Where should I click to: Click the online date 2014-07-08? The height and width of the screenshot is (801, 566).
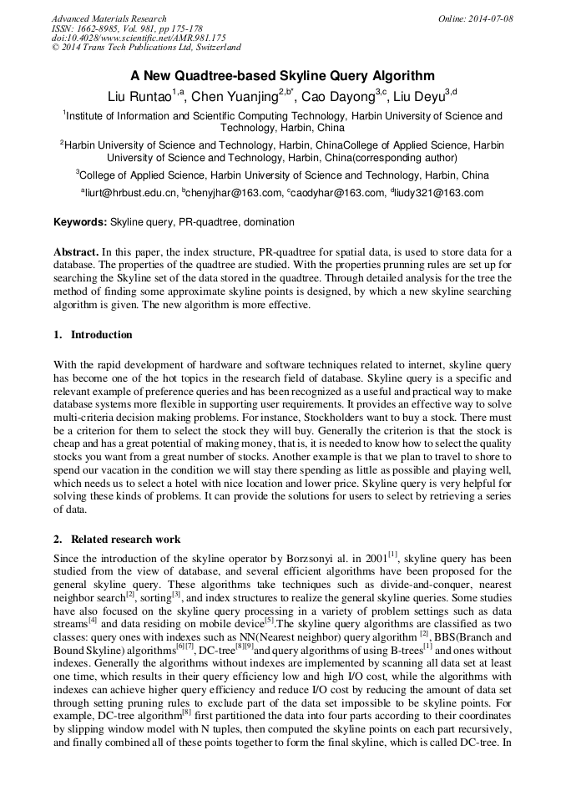pos(488,18)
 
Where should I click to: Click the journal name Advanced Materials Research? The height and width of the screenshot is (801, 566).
pos(109,18)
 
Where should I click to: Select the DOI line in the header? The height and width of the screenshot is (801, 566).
pos(139,38)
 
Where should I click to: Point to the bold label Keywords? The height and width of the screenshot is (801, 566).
pos(80,223)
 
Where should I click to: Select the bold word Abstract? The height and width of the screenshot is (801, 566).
pos(76,252)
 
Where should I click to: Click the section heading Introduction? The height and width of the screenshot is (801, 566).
pos(101,335)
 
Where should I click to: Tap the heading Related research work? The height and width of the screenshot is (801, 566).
pos(125,540)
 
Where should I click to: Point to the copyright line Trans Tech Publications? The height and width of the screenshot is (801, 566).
pos(146,48)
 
